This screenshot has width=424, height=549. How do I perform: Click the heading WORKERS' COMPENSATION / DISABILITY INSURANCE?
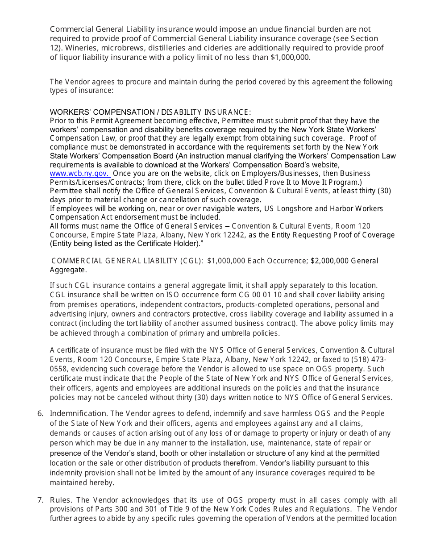[150, 112]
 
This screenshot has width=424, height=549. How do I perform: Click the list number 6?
[40, 414]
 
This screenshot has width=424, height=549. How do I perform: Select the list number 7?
[40, 500]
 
